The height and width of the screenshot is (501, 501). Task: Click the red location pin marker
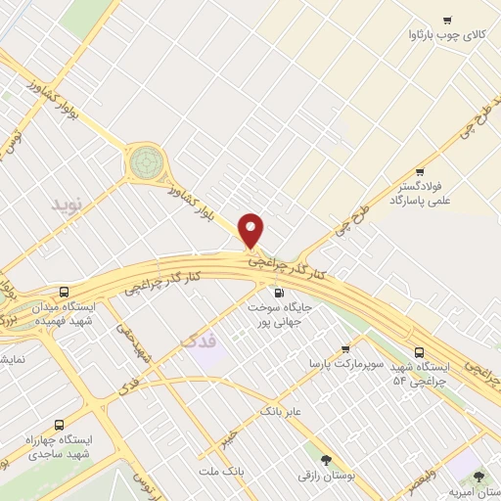[x=251, y=230]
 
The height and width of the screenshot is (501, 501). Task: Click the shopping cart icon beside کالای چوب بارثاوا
[x=447, y=21]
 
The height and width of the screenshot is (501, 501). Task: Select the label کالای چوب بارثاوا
[x=446, y=35]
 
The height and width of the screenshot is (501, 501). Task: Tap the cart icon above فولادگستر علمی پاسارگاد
[x=420, y=171]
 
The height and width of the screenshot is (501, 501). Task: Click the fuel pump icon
[x=279, y=292]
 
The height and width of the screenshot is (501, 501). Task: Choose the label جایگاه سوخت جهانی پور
[x=284, y=313]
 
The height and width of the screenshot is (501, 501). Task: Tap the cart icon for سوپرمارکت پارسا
[x=345, y=349]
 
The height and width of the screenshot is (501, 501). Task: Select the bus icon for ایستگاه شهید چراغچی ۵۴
[x=420, y=351]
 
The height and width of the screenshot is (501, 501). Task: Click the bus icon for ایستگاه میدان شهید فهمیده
[x=65, y=292]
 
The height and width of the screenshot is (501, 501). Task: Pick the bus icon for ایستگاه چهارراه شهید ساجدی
[x=60, y=426]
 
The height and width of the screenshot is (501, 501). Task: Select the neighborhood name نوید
[x=70, y=208]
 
